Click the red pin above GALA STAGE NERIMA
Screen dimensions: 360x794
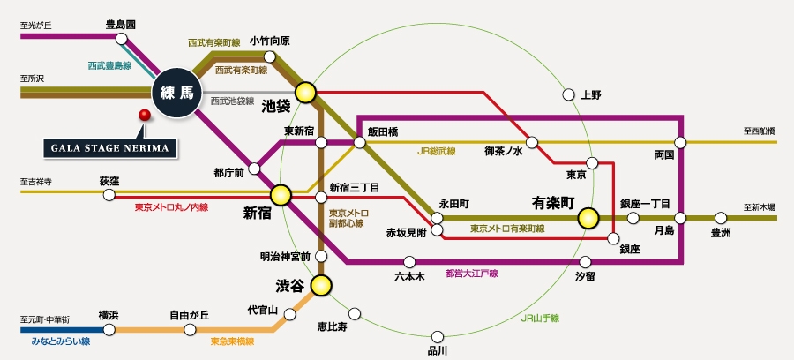(144, 115)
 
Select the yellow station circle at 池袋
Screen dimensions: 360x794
(306, 90)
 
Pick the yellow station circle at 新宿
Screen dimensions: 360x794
(281, 194)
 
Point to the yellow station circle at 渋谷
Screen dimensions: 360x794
(321, 285)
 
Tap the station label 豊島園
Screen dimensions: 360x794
(120, 25)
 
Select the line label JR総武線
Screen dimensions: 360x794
(437, 151)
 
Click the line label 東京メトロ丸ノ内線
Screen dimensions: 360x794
(171, 207)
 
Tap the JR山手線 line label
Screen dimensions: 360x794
(539, 317)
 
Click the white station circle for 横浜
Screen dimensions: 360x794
(109, 329)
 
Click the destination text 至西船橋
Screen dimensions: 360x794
(759, 131)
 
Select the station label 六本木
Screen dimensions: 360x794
(409, 276)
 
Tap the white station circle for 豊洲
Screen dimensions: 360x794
(721, 217)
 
